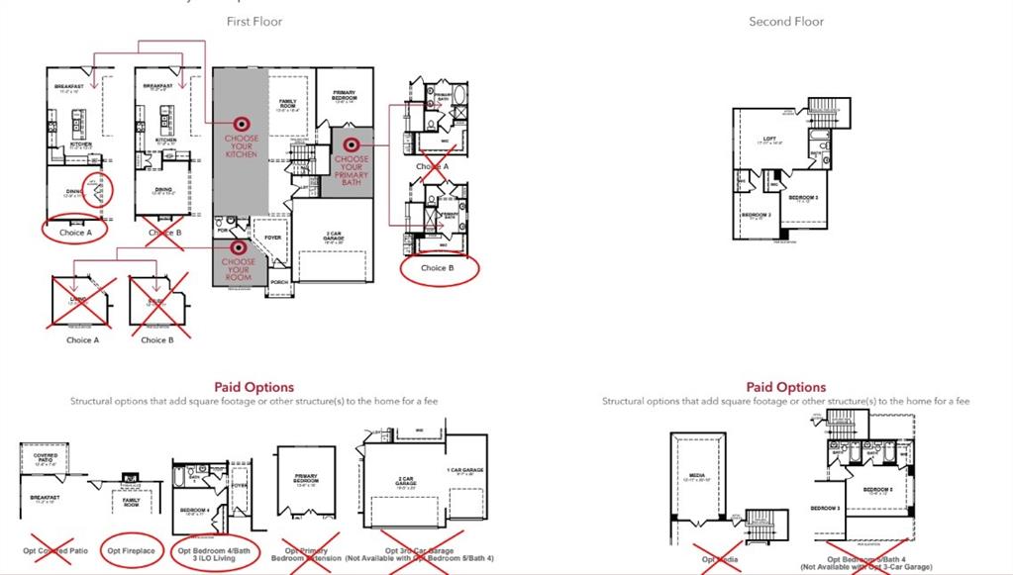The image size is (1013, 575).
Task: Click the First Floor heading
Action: click(254, 22)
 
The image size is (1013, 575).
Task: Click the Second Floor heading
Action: click(786, 22)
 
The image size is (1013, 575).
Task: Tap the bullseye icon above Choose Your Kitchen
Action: click(241, 124)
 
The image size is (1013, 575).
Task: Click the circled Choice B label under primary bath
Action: click(439, 268)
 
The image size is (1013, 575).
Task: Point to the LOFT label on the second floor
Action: click(769, 139)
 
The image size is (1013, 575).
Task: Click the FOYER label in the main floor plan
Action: click(272, 238)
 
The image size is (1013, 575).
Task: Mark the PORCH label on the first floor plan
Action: click(280, 281)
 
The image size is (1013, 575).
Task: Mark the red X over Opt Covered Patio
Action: click(47, 550)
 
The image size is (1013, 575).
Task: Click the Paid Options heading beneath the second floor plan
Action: click(786, 387)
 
